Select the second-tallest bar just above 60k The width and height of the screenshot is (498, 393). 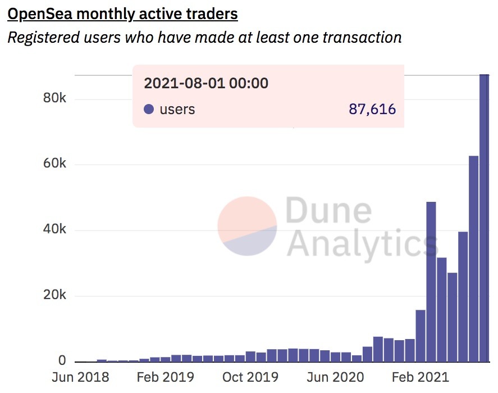click(x=473, y=259)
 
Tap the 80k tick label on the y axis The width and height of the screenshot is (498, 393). click(x=55, y=98)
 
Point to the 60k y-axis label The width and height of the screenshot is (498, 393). click(x=55, y=164)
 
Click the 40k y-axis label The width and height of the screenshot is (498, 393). click(x=55, y=230)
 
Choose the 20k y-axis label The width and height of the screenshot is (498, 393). click(x=55, y=296)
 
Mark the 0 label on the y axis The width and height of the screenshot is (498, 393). click(x=62, y=361)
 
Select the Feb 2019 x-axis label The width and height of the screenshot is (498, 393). click(x=166, y=377)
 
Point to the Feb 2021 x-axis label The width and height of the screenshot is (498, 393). click(x=421, y=377)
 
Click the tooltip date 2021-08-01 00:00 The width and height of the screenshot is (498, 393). click(x=206, y=84)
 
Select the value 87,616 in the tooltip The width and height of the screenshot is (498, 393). click(x=372, y=109)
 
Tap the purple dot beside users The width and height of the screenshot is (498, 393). click(x=149, y=109)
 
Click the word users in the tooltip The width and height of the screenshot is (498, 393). click(x=177, y=109)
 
